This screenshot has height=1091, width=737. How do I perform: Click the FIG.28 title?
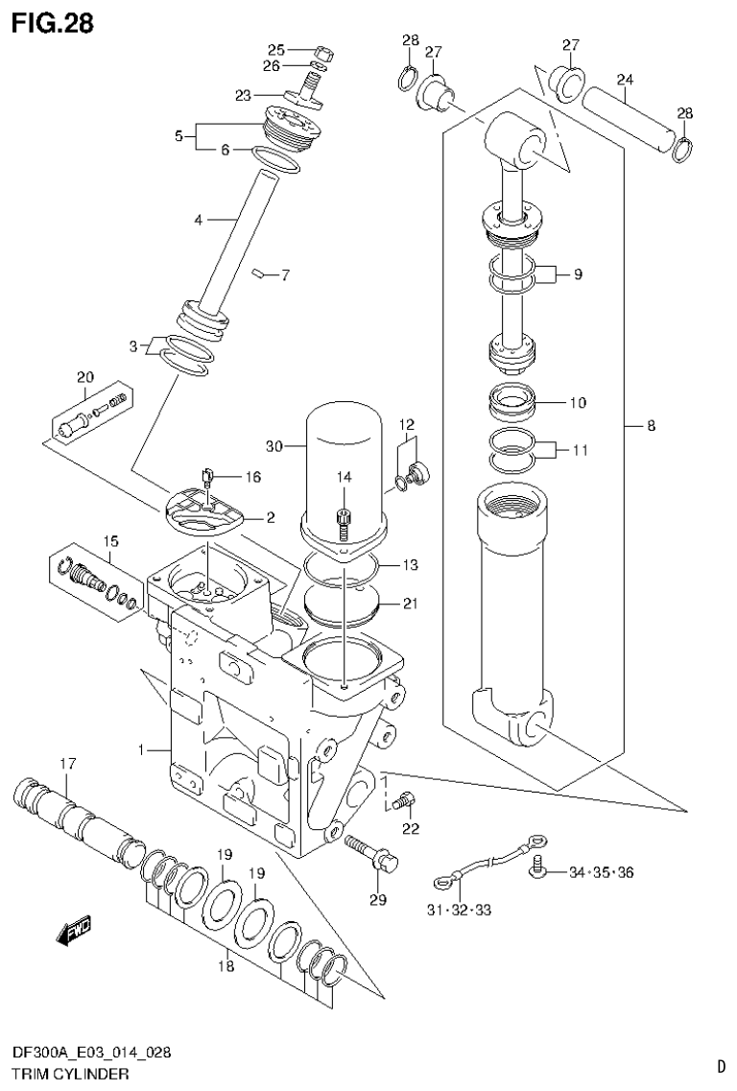tap(53, 23)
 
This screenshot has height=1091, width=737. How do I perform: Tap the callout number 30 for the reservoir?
tap(275, 445)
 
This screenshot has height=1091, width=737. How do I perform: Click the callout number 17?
tap(67, 764)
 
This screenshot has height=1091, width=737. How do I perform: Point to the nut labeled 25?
tap(323, 52)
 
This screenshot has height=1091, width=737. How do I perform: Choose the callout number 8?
tap(651, 426)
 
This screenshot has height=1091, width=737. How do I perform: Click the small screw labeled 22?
tap(407, 797)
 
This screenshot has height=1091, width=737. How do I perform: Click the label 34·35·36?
tap(601, 872)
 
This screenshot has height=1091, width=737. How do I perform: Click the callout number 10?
tap(578, 403)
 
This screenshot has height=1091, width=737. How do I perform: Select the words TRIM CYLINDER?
tap(69, 1074)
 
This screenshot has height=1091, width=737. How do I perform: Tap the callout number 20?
tap(85, 377)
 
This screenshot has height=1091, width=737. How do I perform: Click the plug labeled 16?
tap(208, 475)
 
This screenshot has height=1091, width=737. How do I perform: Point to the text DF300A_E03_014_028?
tap(93, 1054)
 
